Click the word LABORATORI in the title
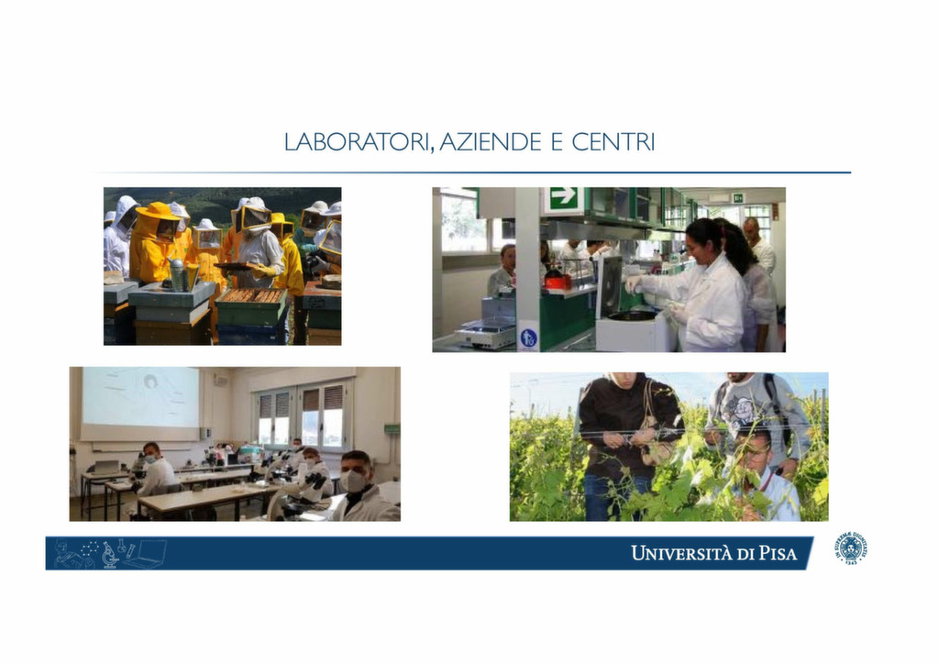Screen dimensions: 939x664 [357, 142]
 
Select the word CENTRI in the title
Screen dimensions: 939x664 [613, 142]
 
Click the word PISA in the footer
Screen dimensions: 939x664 [778, 553]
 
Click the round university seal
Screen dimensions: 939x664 [851, 548]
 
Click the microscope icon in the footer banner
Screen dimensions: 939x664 [110, 555]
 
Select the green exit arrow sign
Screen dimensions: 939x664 [563, 197]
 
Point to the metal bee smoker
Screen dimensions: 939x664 [178, 274]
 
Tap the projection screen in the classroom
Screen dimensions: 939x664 [140, 397]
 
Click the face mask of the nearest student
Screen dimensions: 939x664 [353, 481]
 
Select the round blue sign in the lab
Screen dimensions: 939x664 [527, 338]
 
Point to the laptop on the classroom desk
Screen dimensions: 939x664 [106, 467]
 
